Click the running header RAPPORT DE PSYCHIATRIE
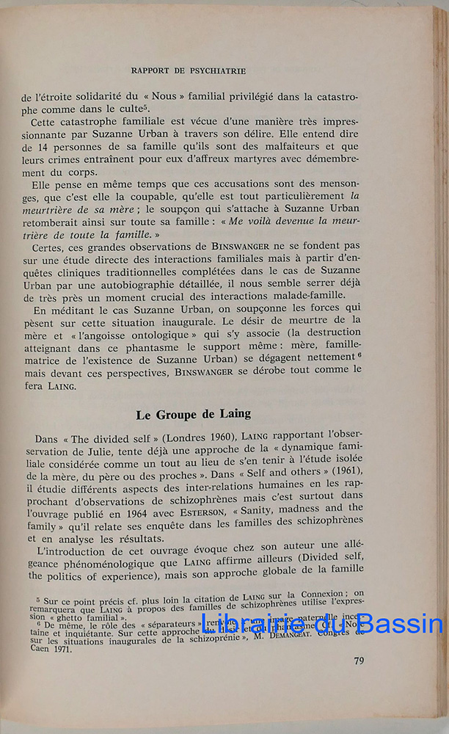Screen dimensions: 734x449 coord(188,71)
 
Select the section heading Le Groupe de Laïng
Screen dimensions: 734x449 coord(193,414)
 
